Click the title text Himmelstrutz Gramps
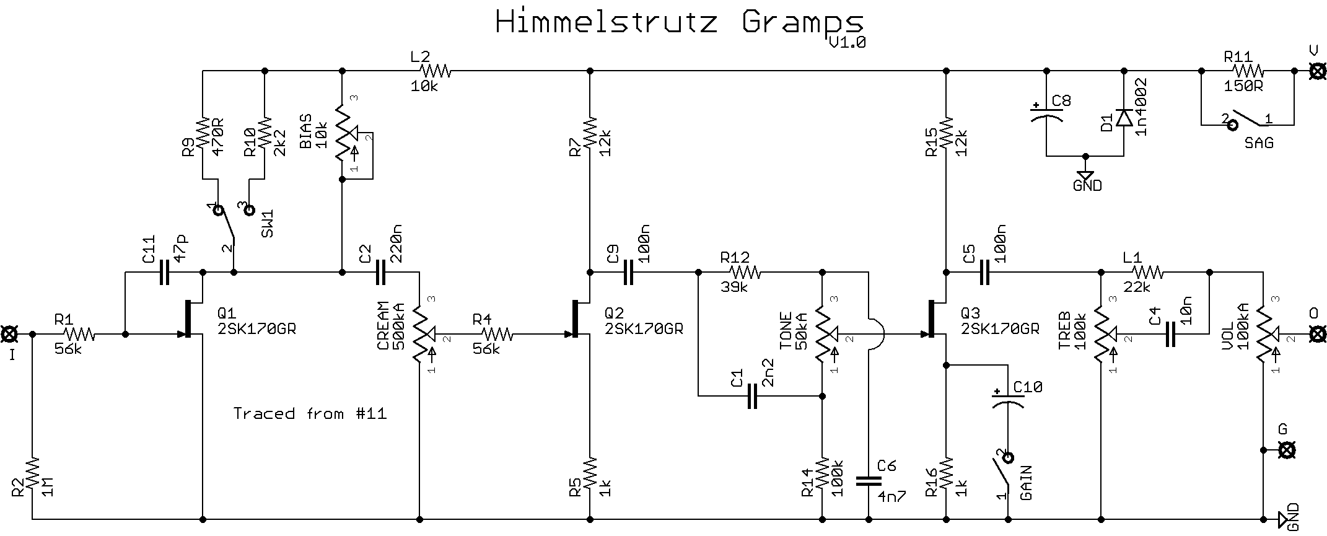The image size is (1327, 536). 679,23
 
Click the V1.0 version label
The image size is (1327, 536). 847,42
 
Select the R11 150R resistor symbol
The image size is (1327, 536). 1247,71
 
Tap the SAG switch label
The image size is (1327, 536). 1259,143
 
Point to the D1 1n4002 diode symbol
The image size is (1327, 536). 1123,118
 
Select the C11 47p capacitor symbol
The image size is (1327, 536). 164,272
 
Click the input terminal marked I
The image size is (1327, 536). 10,335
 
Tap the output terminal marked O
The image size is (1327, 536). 1318,335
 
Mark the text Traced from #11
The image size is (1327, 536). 310,413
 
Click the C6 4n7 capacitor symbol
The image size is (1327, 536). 869,480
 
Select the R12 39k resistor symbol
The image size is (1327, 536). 745,272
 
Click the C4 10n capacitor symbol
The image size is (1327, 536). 1170,335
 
